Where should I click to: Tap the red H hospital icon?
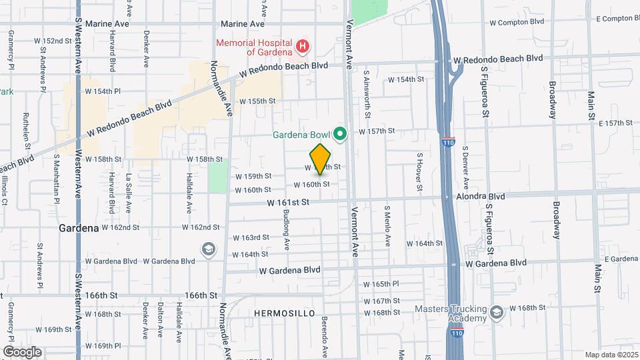pos(303,46)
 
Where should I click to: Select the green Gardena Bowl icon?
pos(340,135)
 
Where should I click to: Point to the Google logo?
pos(22,351)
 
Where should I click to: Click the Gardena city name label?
pos(79,227)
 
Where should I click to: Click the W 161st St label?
pos(289,201)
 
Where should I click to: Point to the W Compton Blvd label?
pos(517,22)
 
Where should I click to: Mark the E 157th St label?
pos(615,123)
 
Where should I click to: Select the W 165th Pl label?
pos(381,283)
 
